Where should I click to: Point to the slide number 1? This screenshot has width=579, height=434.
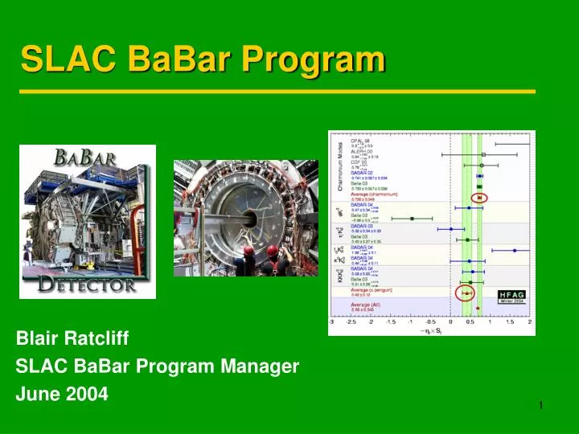541,404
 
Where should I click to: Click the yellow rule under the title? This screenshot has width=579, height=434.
277,92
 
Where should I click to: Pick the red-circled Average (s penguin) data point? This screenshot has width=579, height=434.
466,293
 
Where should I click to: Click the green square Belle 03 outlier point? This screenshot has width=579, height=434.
412,218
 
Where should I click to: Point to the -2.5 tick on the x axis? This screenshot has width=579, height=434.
351,321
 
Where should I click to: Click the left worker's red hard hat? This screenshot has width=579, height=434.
247,251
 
